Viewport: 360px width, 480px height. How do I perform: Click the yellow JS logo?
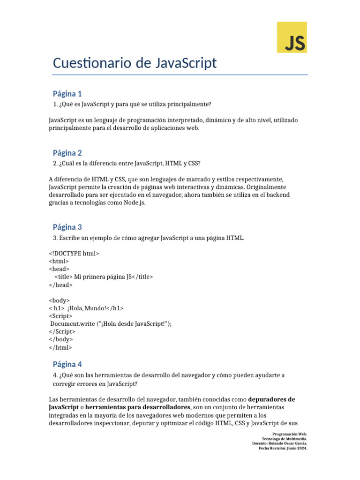click(292, 37)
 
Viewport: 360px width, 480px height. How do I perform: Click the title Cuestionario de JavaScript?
click(135, 63)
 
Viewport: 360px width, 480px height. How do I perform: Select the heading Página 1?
click(67, 93)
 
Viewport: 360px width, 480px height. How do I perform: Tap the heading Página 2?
click(67, 153)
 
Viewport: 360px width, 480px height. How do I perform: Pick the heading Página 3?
click(67, 227)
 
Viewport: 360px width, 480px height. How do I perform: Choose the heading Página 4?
click(67, 364)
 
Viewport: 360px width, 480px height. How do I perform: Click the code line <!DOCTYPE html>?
click(74, 253)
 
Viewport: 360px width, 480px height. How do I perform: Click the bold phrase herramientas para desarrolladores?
click(138, 407)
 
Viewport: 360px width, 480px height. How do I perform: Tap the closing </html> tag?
click(60, 347)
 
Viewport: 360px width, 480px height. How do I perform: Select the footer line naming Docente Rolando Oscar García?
click(279, 443)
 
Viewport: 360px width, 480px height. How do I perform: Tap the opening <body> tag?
click(60, 300)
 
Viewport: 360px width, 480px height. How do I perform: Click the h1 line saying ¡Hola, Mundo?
click(86, 308)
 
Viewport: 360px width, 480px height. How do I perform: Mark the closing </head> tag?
click(61, 285)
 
